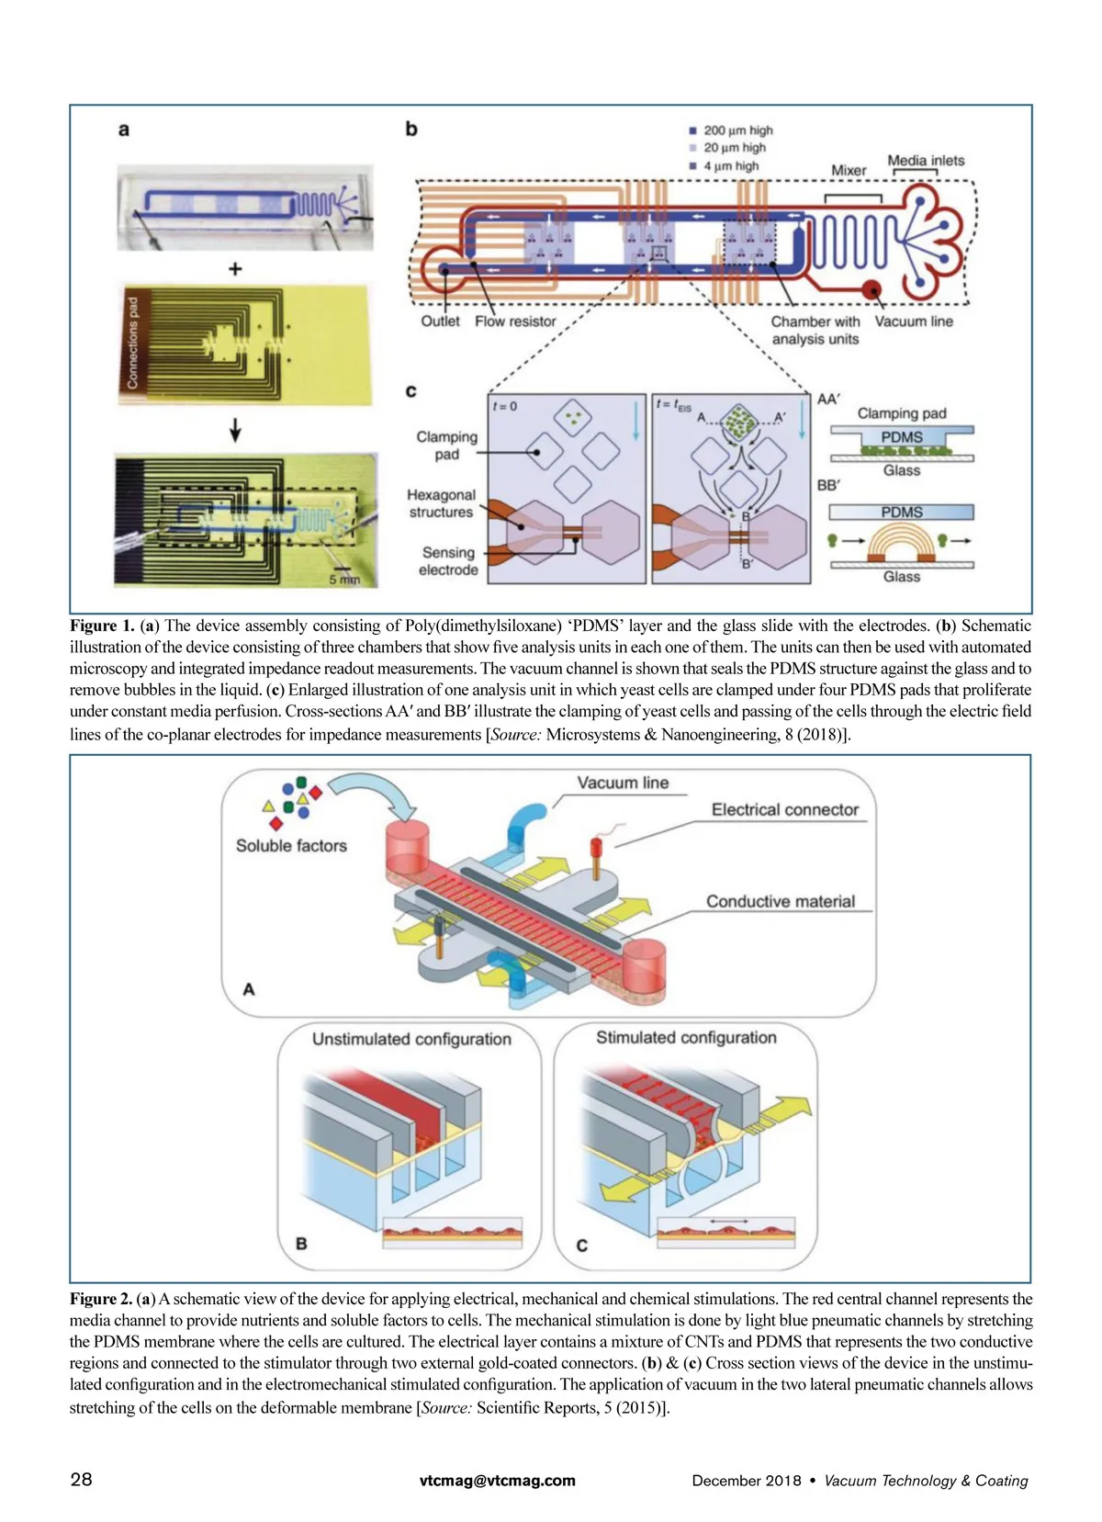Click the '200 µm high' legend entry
[737, 130]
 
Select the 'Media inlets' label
[926, 161]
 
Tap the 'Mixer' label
[849, 170]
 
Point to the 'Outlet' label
[440, 321]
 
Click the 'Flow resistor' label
[515, 321]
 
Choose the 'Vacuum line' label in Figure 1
[914, 321]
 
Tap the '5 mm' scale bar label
[344, 580]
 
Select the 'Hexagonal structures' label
[442, 503]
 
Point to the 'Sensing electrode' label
[448, 561]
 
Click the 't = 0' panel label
[505, 406]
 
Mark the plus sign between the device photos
[236, 269]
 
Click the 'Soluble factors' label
[291, 846]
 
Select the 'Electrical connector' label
[784, 810]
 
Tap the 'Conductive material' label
[781, 902]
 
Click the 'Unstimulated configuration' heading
[411, 1039]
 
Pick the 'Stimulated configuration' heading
[686, 1037]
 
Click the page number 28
[81, 1479]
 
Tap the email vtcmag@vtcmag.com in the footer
[497, 1480]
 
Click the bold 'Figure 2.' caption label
[101, 1299]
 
